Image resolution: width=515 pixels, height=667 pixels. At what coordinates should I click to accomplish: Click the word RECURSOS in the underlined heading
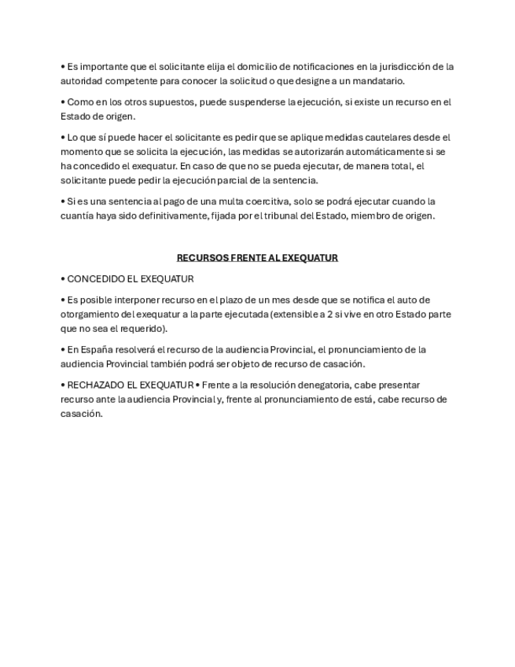[x=202, y=257]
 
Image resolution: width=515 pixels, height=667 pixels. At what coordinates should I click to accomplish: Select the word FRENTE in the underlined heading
[x=248, y=257]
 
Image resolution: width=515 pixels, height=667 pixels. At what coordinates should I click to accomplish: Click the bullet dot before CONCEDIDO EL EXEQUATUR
[x=63, y=278]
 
